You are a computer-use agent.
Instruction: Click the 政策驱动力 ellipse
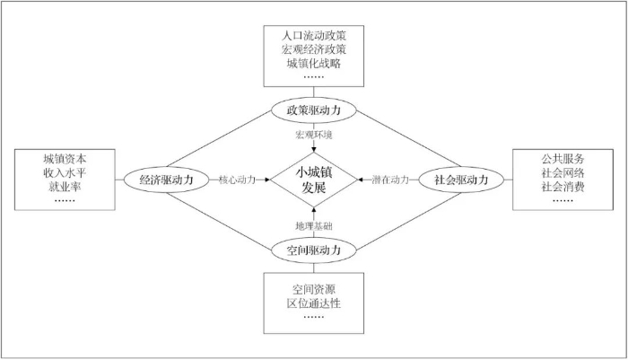(314, 110)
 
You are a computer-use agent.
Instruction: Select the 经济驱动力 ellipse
(167, 180)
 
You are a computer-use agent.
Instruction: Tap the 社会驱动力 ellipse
(461, 180)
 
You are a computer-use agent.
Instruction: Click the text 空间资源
(314, 289)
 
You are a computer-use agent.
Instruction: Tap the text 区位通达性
(314, 303)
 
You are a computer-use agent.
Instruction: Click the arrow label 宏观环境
(314, 135)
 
